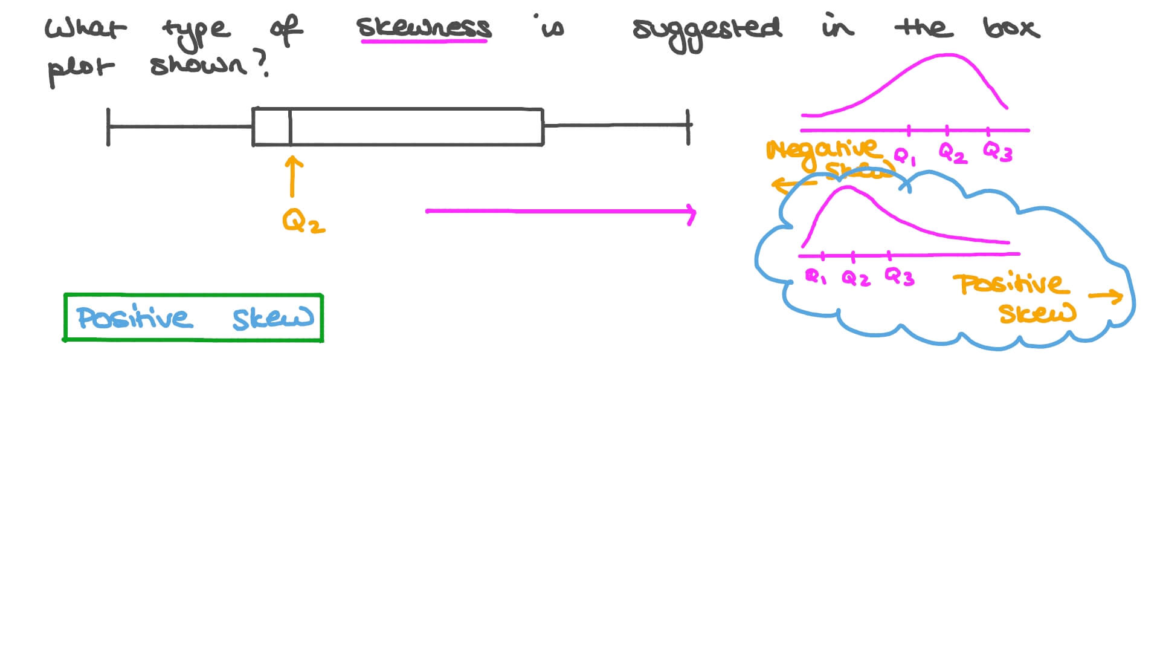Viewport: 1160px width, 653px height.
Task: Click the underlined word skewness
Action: click(x=424, y=27)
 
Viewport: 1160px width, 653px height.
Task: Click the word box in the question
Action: click(x=1011, y=28)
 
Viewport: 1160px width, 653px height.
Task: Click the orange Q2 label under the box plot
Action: click(x=303, y=221)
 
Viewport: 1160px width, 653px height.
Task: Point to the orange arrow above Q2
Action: click(x=293, y=176)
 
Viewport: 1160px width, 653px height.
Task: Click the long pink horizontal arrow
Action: click(x=561, y=212)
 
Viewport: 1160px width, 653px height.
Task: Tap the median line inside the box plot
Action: click(x=291, y=127)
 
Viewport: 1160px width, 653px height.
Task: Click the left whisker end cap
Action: click(x=109, y=127)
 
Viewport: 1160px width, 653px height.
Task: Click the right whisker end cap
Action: click(x=688, y=127)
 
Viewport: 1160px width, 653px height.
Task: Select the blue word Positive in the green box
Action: click(x=134, y=317)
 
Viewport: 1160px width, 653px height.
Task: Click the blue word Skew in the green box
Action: click(x=273, y=318)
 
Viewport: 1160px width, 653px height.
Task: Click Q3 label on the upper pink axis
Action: click(x=997, y=152)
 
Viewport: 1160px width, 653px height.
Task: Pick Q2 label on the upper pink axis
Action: click(x=953, y=154)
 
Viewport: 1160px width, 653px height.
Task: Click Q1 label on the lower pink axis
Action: click(x=816, y=277)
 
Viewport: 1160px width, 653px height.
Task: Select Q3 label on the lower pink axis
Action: click(x=900, y=277)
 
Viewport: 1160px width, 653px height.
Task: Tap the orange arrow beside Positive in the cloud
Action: click(x=1106, y=296)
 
